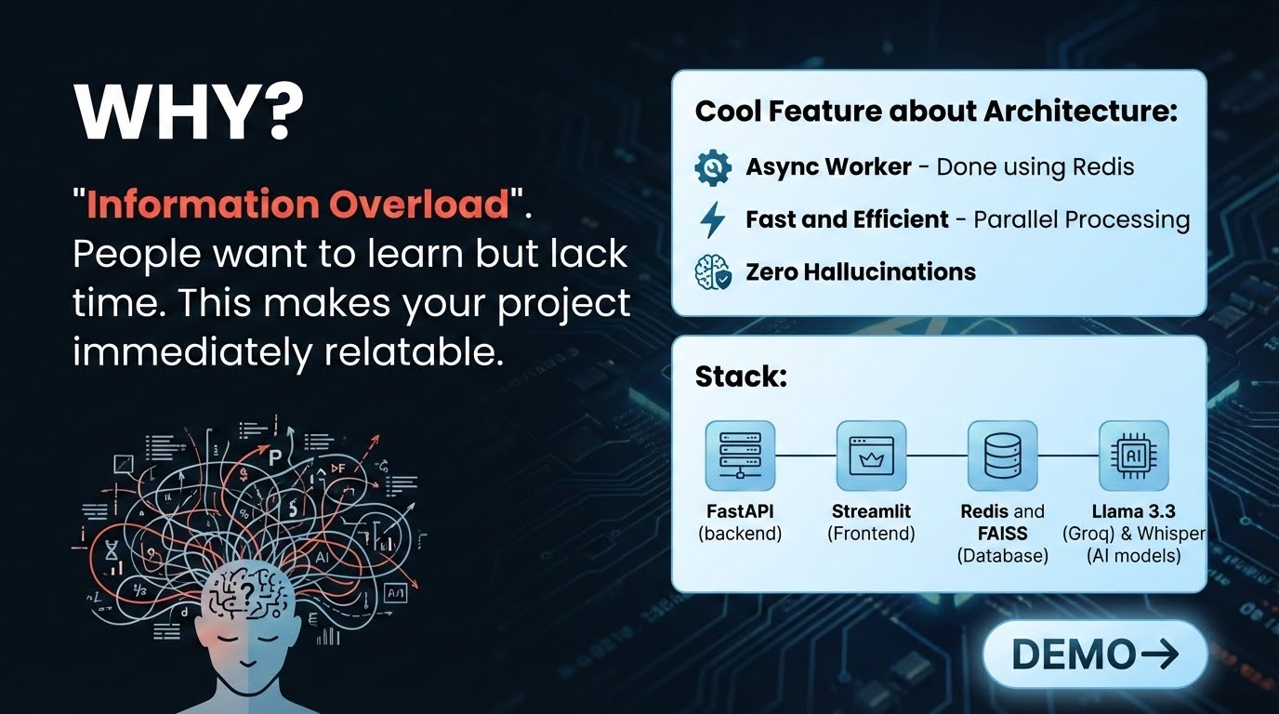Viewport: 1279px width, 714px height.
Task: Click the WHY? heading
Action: pos(189,112)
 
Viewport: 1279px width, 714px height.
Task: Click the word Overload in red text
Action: pos(418,204)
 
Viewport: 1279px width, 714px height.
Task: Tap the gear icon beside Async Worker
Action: pos(713,167)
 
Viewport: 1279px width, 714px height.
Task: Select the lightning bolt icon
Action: pos(713,220)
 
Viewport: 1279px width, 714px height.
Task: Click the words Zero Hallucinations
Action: pos(861,271)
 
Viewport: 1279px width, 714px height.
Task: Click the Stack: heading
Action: pos(741,377)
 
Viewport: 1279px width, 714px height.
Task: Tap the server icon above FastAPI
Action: pos(740,456)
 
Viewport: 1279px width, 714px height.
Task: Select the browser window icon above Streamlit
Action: pos(871,456)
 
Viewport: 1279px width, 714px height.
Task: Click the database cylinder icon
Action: pos(1003,456)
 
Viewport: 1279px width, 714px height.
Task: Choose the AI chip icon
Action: pos(1134,456)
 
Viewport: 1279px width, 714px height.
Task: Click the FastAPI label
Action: pos(740,511)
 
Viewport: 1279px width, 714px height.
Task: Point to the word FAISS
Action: pos(1003,534)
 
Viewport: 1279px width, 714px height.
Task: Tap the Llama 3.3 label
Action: pos(1134,511)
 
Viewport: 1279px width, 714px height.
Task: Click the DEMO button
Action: pos(1095,654)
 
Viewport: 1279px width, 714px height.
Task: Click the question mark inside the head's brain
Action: pos(247,593)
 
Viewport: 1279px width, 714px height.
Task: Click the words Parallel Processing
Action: pos(1081,220)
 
